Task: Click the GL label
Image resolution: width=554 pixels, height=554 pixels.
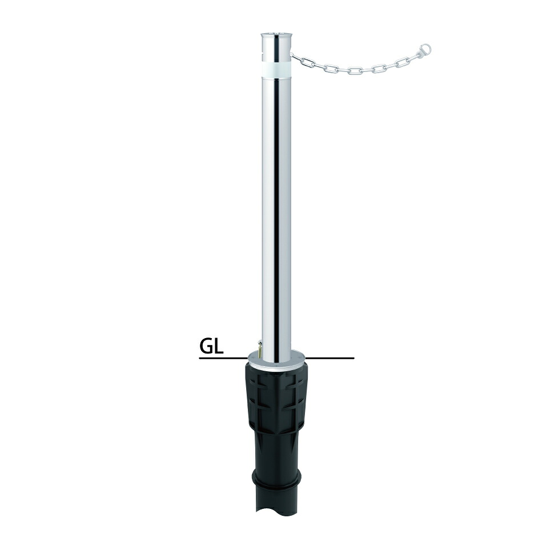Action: click(x=212, y=347)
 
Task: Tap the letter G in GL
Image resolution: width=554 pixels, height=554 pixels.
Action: click(x=207, y=347)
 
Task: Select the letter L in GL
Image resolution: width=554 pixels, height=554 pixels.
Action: click(x=219, y=347)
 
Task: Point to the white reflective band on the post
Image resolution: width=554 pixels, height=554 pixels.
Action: click(x=276, y=69)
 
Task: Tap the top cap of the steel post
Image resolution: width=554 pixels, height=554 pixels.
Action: click(x=276, y=37)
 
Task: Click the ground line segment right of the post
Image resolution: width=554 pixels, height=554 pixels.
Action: click(x=330, y=359)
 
